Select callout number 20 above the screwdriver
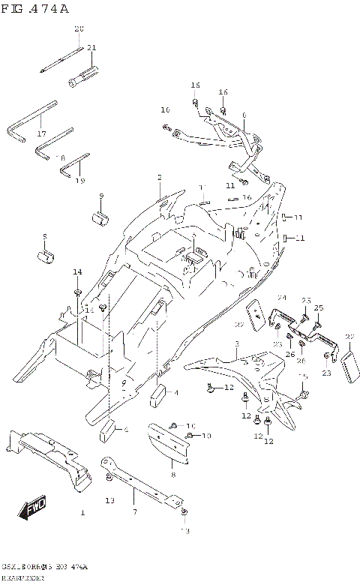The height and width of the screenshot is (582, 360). (78, 28)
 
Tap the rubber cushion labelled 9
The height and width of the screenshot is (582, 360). (101, 217)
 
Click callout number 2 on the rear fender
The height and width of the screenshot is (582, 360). (159, 178)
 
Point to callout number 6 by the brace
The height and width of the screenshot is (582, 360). (244, 115)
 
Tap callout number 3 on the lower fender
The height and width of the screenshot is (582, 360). (235, 344)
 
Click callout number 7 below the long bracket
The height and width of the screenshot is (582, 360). (135, 511)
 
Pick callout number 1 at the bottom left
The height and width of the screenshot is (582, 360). (82, 513)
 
